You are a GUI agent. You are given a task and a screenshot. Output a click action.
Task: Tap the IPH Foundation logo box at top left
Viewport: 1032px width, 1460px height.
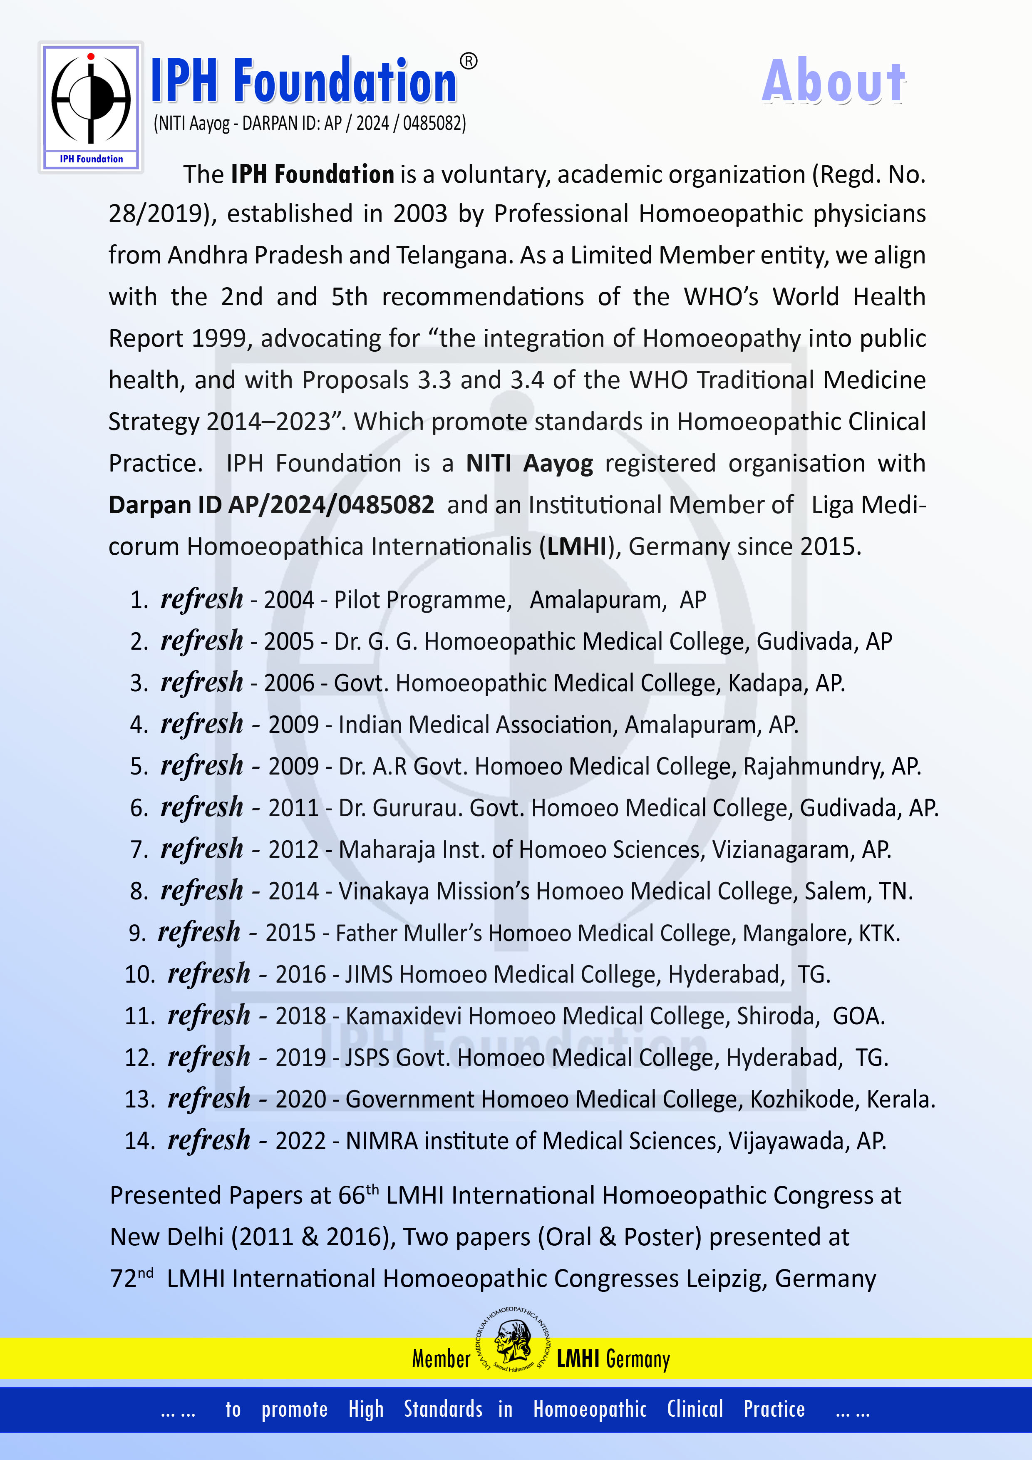click(91, 107)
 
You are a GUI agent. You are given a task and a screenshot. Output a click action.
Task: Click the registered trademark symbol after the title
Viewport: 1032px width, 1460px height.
click(468, 61)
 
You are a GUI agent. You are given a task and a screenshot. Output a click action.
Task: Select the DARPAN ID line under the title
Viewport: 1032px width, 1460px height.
click(310, 123)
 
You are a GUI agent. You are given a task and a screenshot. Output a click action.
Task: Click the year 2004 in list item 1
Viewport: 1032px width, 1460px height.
click(289, 600)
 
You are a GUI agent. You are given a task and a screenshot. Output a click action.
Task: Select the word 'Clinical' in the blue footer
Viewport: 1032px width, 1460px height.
click(695, 1409)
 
